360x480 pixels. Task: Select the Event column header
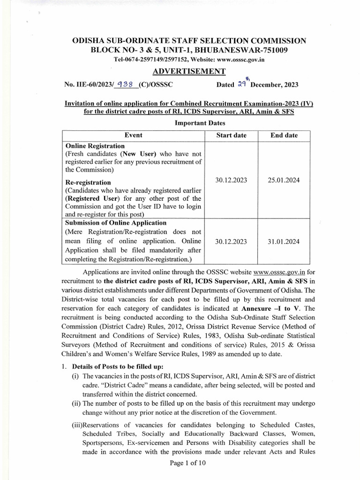(x=133, y=135)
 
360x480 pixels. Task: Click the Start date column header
(x=231, y=135)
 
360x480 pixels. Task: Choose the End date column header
(x=284, y=135)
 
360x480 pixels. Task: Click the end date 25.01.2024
(x=284, y=180)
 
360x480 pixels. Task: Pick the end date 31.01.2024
(x=284, y=242)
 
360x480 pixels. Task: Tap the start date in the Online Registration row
(x=231, y=180)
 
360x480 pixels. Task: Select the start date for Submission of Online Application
(x=231, y=242)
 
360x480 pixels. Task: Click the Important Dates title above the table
(x=200, y=123)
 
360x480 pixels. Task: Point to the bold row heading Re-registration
(x=89, y=182)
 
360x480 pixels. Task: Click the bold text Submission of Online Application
(x=116, y=223)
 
